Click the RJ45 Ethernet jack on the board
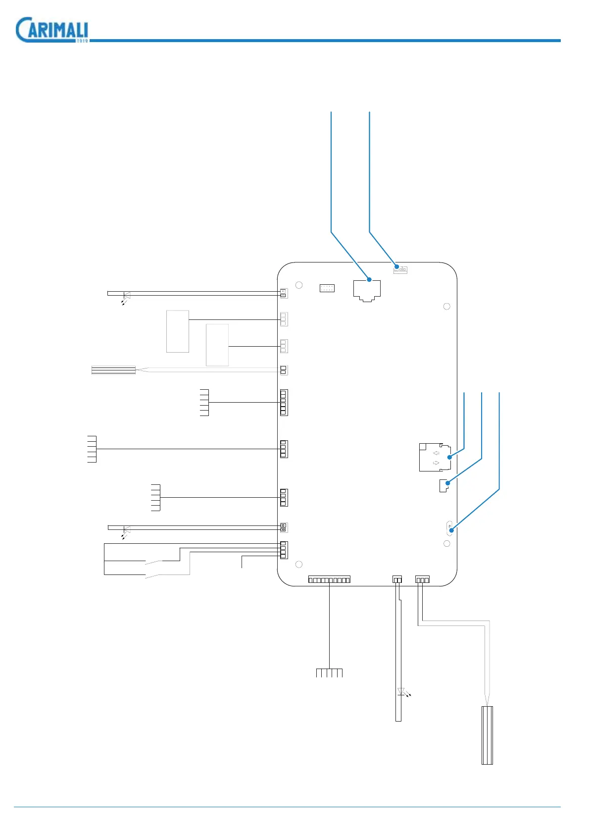(x=367, y=290)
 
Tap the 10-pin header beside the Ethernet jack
(x=327, y=288)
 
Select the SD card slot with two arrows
(x=435, y=457)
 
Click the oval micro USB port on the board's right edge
(x=449, y=528)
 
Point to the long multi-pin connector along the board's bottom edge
(x=329, y=579)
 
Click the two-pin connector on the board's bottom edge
(x=397, y=579)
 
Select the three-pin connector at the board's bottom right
(x=422, y=579)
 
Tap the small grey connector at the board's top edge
(x=400, y=269)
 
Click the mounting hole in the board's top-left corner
(x=299, y=285)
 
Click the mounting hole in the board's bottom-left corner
(x=299, y=564)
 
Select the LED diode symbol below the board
(x=401, y=692)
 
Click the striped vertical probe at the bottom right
(x=487, y=735)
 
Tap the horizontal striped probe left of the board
(x=114, y=370)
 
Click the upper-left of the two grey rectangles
(x=178, y=331)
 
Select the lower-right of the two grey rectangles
(x=217, y=345)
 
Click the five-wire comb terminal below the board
(x=329, y=673)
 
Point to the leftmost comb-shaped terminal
(x=92, y=449)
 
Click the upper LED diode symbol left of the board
(x=127, y=296)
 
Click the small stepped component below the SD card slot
(x=444, y=485)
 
